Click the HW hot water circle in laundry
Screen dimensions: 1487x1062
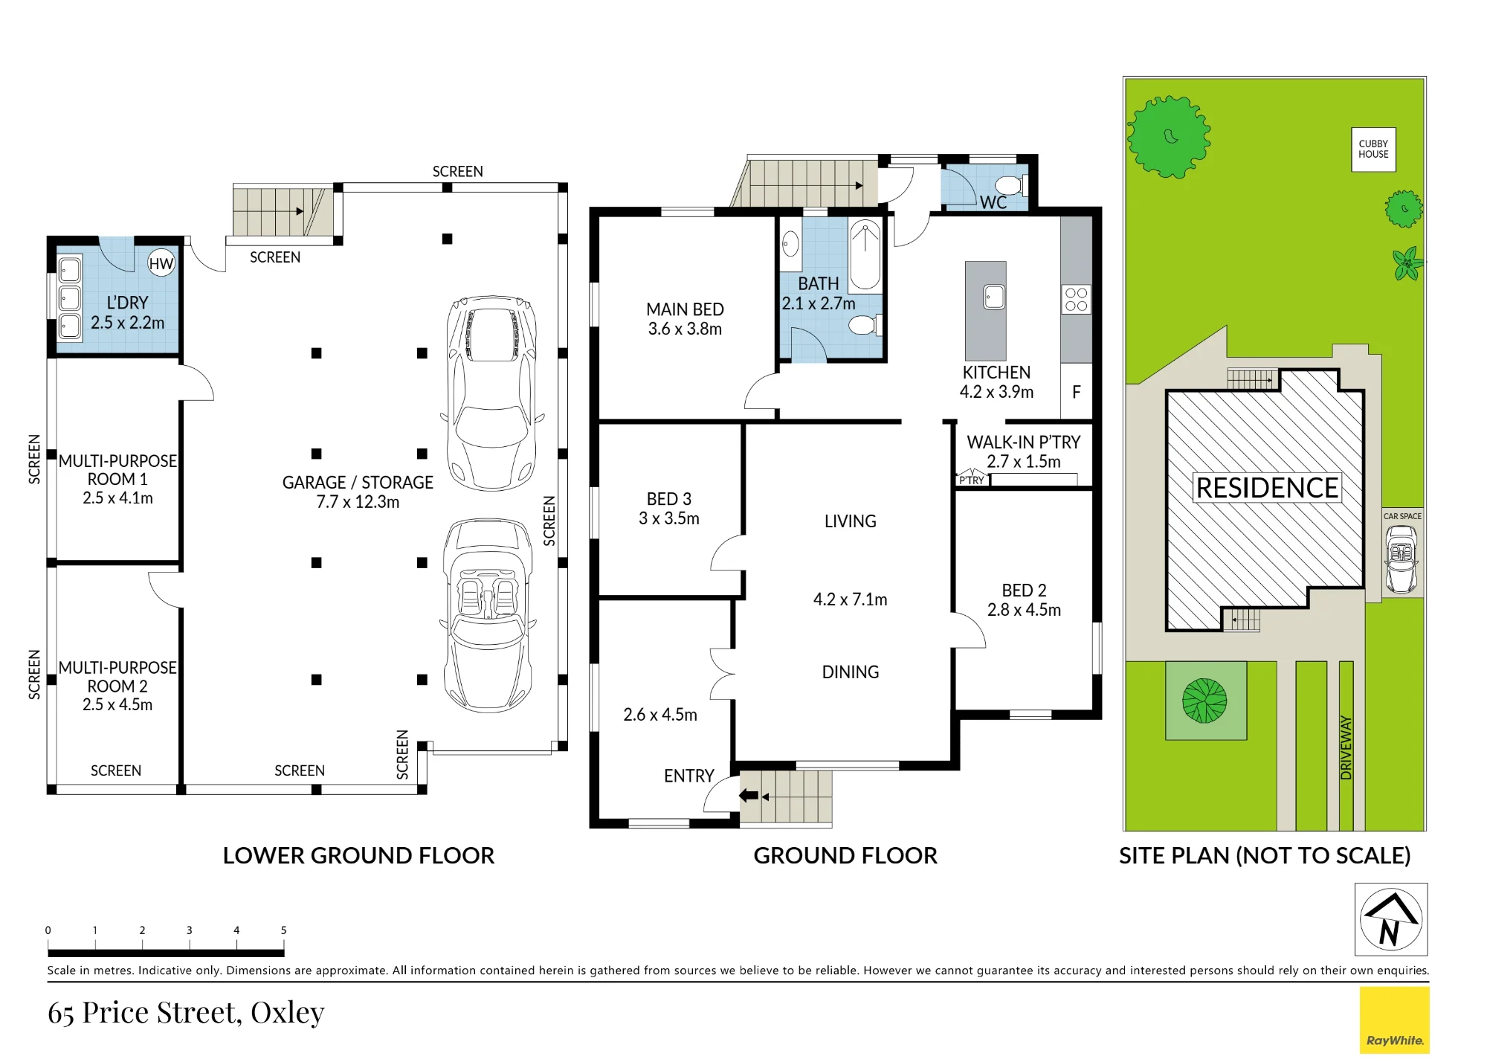pos(161,263)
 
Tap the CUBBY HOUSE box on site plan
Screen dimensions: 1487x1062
pos(1373,149)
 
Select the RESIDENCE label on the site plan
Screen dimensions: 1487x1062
pos(1267,488)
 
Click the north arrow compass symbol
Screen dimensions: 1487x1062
pos(1391,919)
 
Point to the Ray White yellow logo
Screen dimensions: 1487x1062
pos(1395,1020)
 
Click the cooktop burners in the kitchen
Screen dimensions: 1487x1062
pos(1076,299)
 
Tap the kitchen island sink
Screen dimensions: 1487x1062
pos(994,297)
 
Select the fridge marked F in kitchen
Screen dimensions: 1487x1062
pos(1076,391)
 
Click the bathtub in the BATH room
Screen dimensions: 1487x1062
pos(865,255)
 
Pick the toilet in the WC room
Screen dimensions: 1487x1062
pos(1012,184)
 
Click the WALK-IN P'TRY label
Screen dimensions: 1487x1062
pos(1023,442)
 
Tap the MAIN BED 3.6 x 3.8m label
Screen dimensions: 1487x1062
pos(685,319)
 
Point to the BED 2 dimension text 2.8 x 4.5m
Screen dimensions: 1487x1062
pos(1024,610)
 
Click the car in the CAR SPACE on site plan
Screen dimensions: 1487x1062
pos(1401,559)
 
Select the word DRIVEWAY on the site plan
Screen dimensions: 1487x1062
pos(1346,747)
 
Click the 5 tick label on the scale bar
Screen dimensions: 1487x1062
pos(283,930)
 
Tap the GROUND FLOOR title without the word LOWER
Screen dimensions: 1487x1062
pos(845,855)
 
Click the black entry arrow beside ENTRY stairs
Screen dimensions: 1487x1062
pos(748,796)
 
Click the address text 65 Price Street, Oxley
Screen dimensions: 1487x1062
pos(186,1013)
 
